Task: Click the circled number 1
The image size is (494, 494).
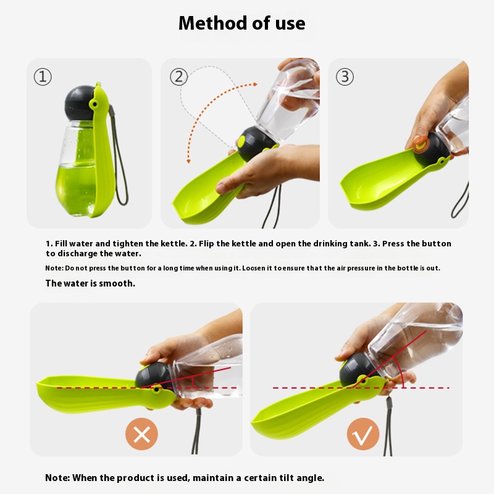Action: point(43,77)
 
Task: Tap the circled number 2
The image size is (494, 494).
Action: point(178,77)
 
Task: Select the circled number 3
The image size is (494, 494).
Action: point(345,77)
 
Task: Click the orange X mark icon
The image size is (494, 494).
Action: point(141,434)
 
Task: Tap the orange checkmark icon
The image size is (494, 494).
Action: point(363,434)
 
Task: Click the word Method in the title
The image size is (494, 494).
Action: point(213,23)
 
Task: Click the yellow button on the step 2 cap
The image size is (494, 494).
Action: point(241,141)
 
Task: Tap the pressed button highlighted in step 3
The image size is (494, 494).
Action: point(421,144)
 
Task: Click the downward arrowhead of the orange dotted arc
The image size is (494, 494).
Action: point(188,161)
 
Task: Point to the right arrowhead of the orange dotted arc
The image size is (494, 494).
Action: point(255,84)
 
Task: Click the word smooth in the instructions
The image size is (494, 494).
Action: point(117,283)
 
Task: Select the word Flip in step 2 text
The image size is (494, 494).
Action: point(206,243)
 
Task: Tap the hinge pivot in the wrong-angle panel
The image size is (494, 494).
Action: point(156,390)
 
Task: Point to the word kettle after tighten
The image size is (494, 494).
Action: point(174,243)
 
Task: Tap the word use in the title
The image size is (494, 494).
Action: point(290,23)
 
